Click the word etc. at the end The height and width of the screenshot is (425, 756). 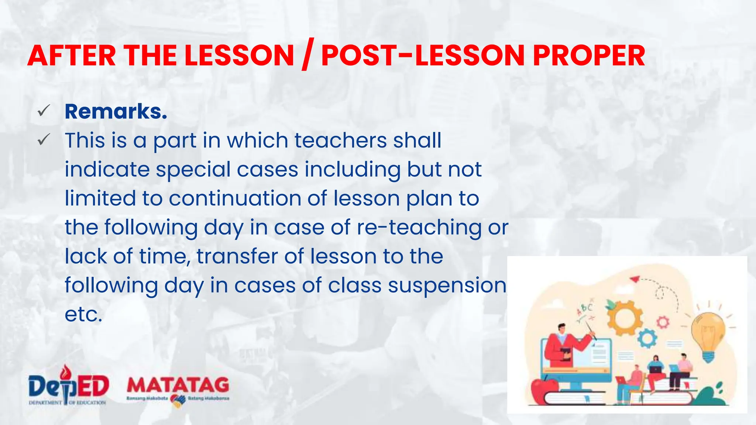83,314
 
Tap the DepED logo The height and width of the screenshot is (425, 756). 69,386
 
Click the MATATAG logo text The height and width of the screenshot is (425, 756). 178,386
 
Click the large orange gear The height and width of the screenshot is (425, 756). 624,317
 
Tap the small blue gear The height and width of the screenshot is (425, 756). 647,338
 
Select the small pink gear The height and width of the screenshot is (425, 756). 663,322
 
